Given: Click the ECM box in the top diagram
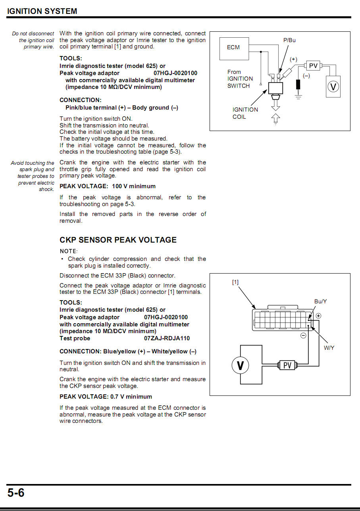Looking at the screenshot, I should tap(235, 48).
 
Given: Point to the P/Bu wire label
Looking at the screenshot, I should tap(289, 40).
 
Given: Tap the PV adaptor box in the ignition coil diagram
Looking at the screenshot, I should tap(313, 66).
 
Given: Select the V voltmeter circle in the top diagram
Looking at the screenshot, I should tap(333, 86).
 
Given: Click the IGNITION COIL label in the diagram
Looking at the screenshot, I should tap(245, 113).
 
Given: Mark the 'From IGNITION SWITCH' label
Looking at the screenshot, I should tap(240, 79).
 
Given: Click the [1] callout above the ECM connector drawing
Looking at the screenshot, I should tap(235, 282).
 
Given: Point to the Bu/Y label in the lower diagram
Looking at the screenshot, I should tap(320, 301).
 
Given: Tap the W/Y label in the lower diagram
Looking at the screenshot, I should tap(329, 348).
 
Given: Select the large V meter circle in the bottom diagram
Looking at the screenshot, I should tap(240, 365).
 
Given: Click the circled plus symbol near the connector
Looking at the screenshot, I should tap(318, 316).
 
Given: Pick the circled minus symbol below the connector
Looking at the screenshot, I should tap(303, 336).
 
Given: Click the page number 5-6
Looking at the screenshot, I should tap(16, 493).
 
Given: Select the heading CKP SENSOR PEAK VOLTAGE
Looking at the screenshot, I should tap(118, 240).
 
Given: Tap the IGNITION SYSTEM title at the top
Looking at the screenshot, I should tap(42, 11).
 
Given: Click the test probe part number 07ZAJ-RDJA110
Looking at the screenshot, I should tap(167, 338).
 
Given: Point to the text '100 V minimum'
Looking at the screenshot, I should tap(134, 186).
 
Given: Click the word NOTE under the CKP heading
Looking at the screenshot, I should tap(68, 251).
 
